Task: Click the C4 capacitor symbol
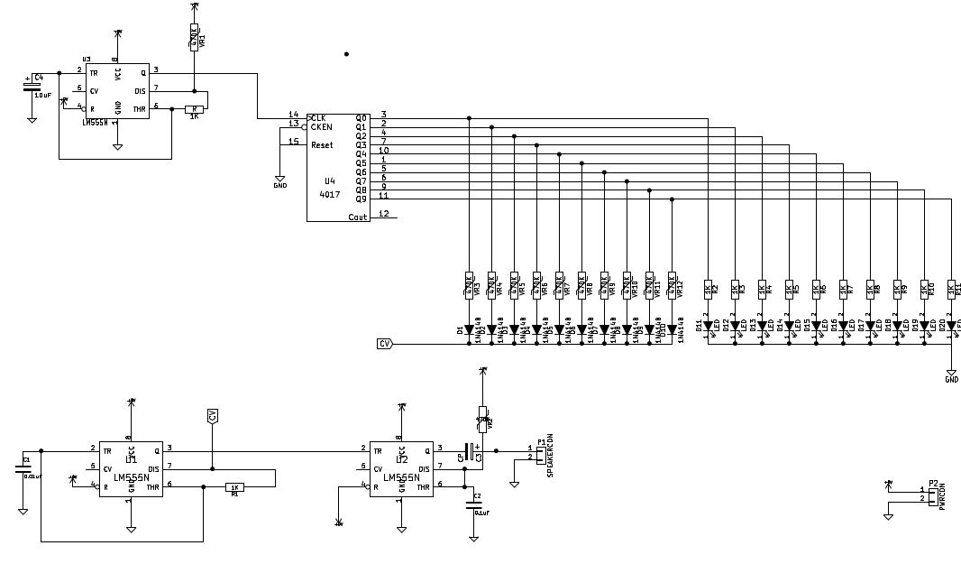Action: pos(31,88)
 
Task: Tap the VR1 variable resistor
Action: pos(194,38)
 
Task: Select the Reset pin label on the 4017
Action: pos(322,144)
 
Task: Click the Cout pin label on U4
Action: pos(358,217)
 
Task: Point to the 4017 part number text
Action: pos(329,194)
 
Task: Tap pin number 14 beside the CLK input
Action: pos(293,114)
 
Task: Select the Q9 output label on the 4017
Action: pos(361,199)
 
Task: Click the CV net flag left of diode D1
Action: pos(385,344)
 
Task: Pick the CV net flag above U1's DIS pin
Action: pos(213,416)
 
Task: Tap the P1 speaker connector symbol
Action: pos(540,452)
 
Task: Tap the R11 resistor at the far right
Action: pos(950,289)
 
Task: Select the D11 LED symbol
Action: pos(708,326)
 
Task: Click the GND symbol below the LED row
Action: pos(950,373)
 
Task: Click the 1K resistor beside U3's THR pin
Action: pos(194,109)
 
